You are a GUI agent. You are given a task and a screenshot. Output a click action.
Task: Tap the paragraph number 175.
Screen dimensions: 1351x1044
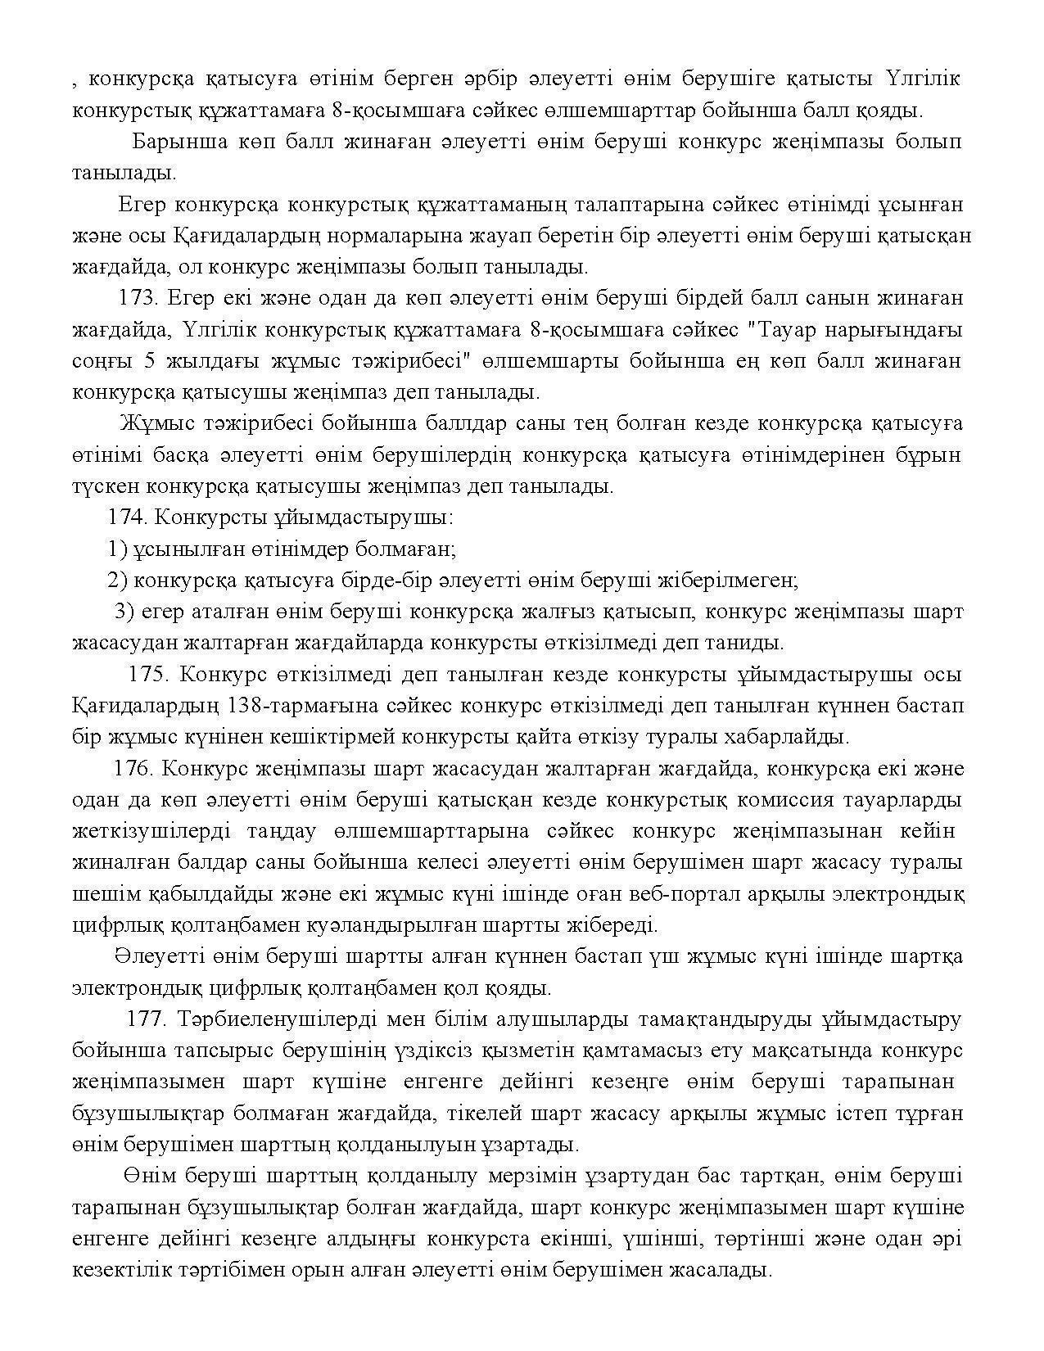click(148, 674)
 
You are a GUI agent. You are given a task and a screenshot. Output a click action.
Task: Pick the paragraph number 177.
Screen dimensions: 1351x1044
click(147, 1019)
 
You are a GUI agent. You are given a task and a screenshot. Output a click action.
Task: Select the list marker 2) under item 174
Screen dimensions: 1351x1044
click(117, 580)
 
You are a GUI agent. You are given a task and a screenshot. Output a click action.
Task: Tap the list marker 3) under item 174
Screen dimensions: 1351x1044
click(123, 611)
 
